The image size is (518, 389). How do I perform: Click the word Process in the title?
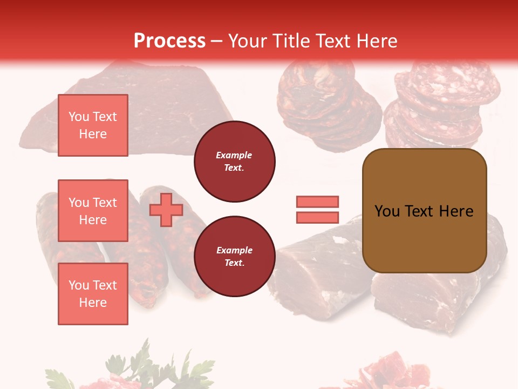pos(169,41)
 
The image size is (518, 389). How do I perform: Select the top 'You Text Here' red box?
pos(93,125)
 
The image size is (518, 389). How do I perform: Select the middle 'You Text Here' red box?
pos(93,211)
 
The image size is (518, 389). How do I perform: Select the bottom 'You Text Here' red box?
pos(93,294)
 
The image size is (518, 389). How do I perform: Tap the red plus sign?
pos(166,210)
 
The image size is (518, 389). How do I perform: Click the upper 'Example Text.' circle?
pos(234,162)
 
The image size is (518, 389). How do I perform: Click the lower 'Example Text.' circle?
pos(234,257)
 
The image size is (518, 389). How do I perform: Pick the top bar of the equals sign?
pos(317,202)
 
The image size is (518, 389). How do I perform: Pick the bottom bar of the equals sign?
pos(317,217)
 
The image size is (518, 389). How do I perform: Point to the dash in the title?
pos(217,41)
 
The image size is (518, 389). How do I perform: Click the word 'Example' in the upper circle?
pos(234,156)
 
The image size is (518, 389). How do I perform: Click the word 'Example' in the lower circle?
pos(234,251)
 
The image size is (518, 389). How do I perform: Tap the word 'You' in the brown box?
pos(387,211)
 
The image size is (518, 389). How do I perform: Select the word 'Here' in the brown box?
pos(456,211)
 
